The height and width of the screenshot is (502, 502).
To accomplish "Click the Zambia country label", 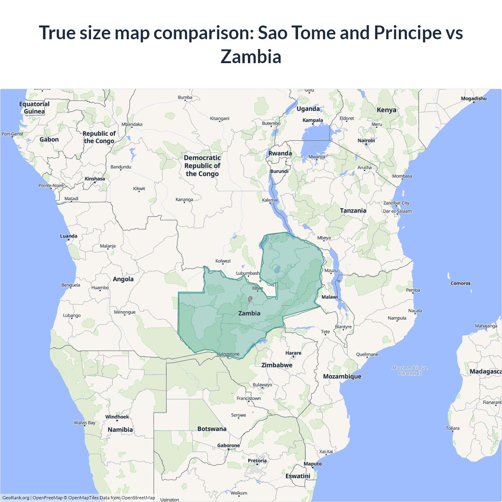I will tap(249, 313).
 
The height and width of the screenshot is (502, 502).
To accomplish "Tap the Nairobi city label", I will tap(366, 140).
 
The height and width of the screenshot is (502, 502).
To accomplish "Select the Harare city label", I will tap(293, 353).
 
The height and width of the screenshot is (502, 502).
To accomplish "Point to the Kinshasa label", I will tap(95, 179).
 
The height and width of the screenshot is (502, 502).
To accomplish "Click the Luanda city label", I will tap(69, 236).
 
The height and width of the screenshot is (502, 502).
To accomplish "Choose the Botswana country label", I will tap(212, 429).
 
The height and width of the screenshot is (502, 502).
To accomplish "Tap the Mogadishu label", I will tap(473, 98).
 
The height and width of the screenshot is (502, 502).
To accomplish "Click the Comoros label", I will tap(460, 283).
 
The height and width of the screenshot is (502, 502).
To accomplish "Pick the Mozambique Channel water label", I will tap(410, 371).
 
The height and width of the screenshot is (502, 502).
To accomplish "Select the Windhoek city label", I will tap(117, 417).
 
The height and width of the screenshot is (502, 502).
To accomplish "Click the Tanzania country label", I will tap(353, 211).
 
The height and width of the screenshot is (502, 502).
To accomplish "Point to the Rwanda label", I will tap(280, 153).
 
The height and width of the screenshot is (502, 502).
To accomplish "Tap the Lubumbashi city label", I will tap(248, 273).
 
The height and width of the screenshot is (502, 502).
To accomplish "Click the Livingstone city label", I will tap(228, 354).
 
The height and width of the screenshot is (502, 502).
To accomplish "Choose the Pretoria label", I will tap(257, 461).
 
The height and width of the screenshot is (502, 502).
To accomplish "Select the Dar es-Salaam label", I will tap(397, 211).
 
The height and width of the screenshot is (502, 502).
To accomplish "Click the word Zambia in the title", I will tap(251, 56).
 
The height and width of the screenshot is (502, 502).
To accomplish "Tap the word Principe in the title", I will tap(408, 33).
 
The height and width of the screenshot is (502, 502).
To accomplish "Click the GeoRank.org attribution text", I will tap(16, 498).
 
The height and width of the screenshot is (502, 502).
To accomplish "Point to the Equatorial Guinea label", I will tap(35, 107).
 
